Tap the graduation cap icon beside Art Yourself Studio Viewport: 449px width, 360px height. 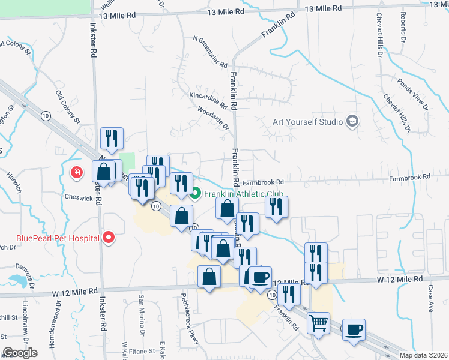352,122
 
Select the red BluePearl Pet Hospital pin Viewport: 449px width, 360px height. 109,238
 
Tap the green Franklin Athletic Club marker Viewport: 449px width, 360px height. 195,194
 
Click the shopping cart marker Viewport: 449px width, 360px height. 318,323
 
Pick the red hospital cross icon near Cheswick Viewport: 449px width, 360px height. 76,174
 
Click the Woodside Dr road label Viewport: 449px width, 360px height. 213,118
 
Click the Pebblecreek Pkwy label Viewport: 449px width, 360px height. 192,327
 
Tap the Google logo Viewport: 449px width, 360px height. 19,352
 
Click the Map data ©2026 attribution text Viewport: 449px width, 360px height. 424,355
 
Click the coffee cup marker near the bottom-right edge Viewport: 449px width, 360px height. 354,329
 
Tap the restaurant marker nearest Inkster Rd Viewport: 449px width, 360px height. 112,139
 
